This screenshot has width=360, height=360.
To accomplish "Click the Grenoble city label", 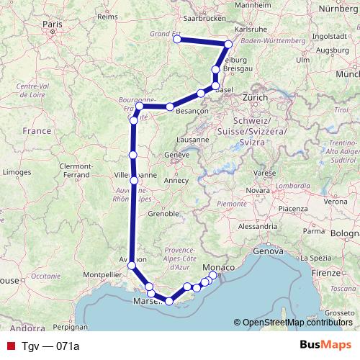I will pyautogui.click(x=163, y=214).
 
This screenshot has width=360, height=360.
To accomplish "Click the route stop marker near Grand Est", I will pyautogui.click(x=177, y=40).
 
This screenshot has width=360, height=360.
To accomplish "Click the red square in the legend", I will pyautogui.click(x=9, y=346).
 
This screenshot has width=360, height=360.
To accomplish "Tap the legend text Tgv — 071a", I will pyautogui.click(x=50, y=346).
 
